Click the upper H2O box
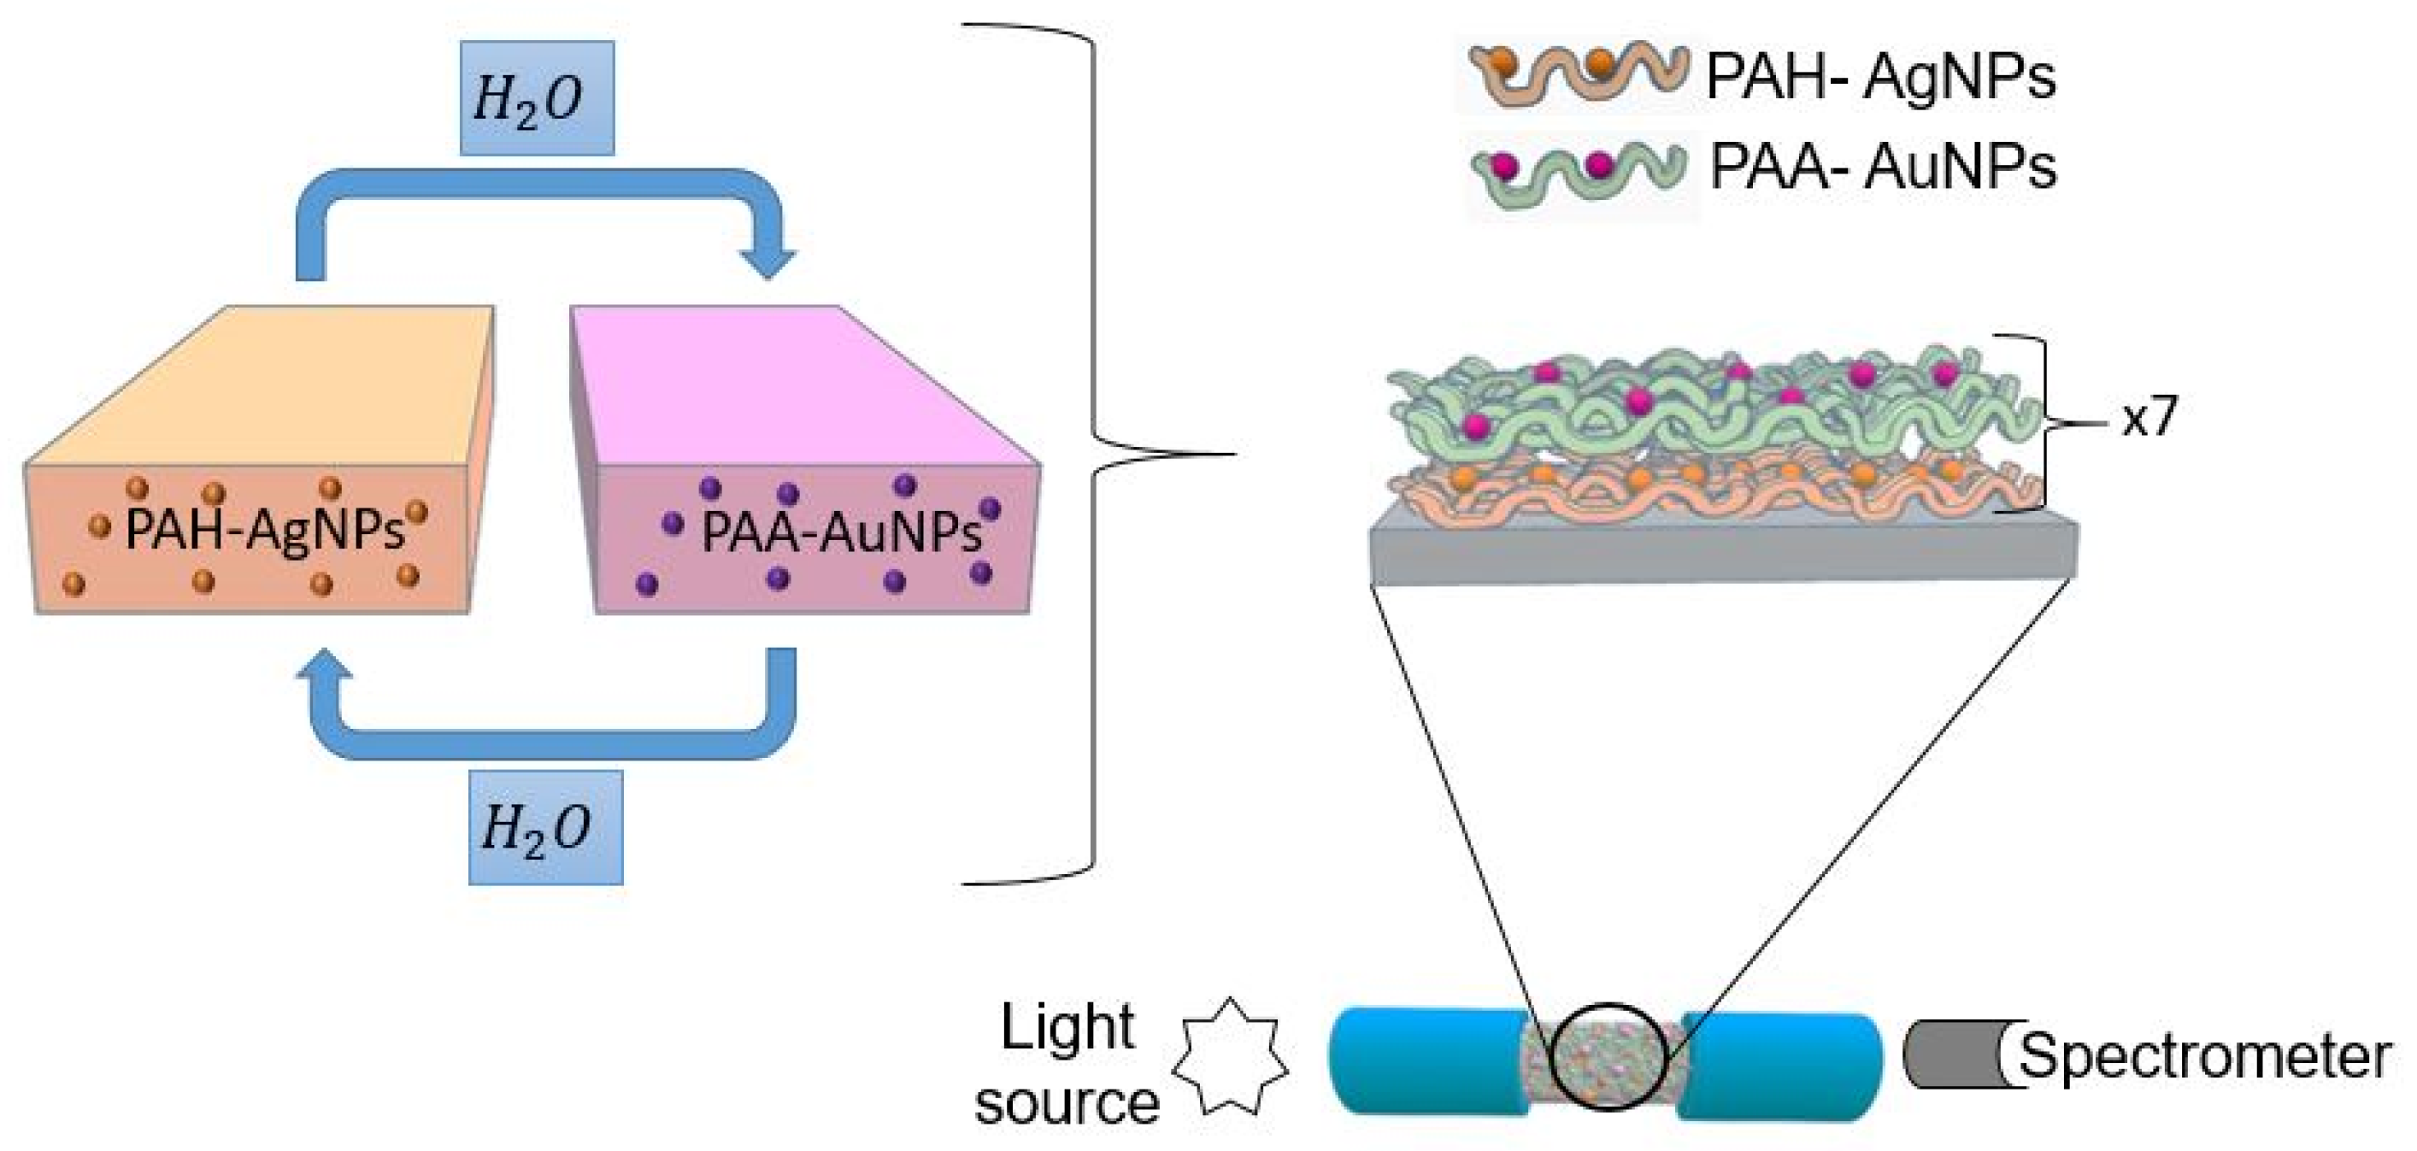(x=537, y=97)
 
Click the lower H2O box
(x=545, y=827)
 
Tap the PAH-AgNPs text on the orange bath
(x=265, y=530)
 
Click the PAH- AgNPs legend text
(x=1880, y=76)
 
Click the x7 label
(x=2149, y=416)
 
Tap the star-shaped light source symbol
(x=1230, y=1055)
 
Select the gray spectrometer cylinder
(x=1951, y=1055)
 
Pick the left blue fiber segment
(x=1426, y=1060)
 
